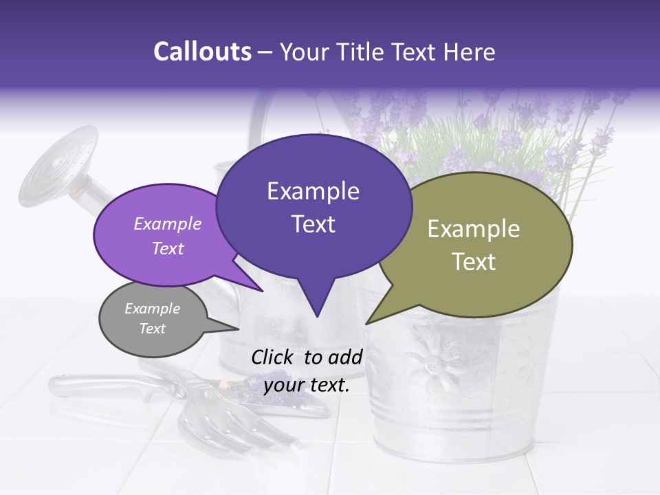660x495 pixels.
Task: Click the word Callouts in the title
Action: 202,52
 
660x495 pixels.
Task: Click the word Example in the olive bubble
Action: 474,229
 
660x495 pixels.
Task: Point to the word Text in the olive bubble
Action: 474,262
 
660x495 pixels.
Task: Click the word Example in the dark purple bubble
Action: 313,191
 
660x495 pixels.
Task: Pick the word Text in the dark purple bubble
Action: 313,224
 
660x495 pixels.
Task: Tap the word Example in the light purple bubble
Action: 168,224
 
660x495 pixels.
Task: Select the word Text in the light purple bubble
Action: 168,249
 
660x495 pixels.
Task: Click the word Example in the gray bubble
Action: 152,309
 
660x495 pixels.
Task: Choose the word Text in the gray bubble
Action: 152,329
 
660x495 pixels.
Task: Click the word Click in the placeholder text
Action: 274,357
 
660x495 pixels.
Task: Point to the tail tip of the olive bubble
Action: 366,323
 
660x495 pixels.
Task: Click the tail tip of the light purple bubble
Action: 262,291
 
